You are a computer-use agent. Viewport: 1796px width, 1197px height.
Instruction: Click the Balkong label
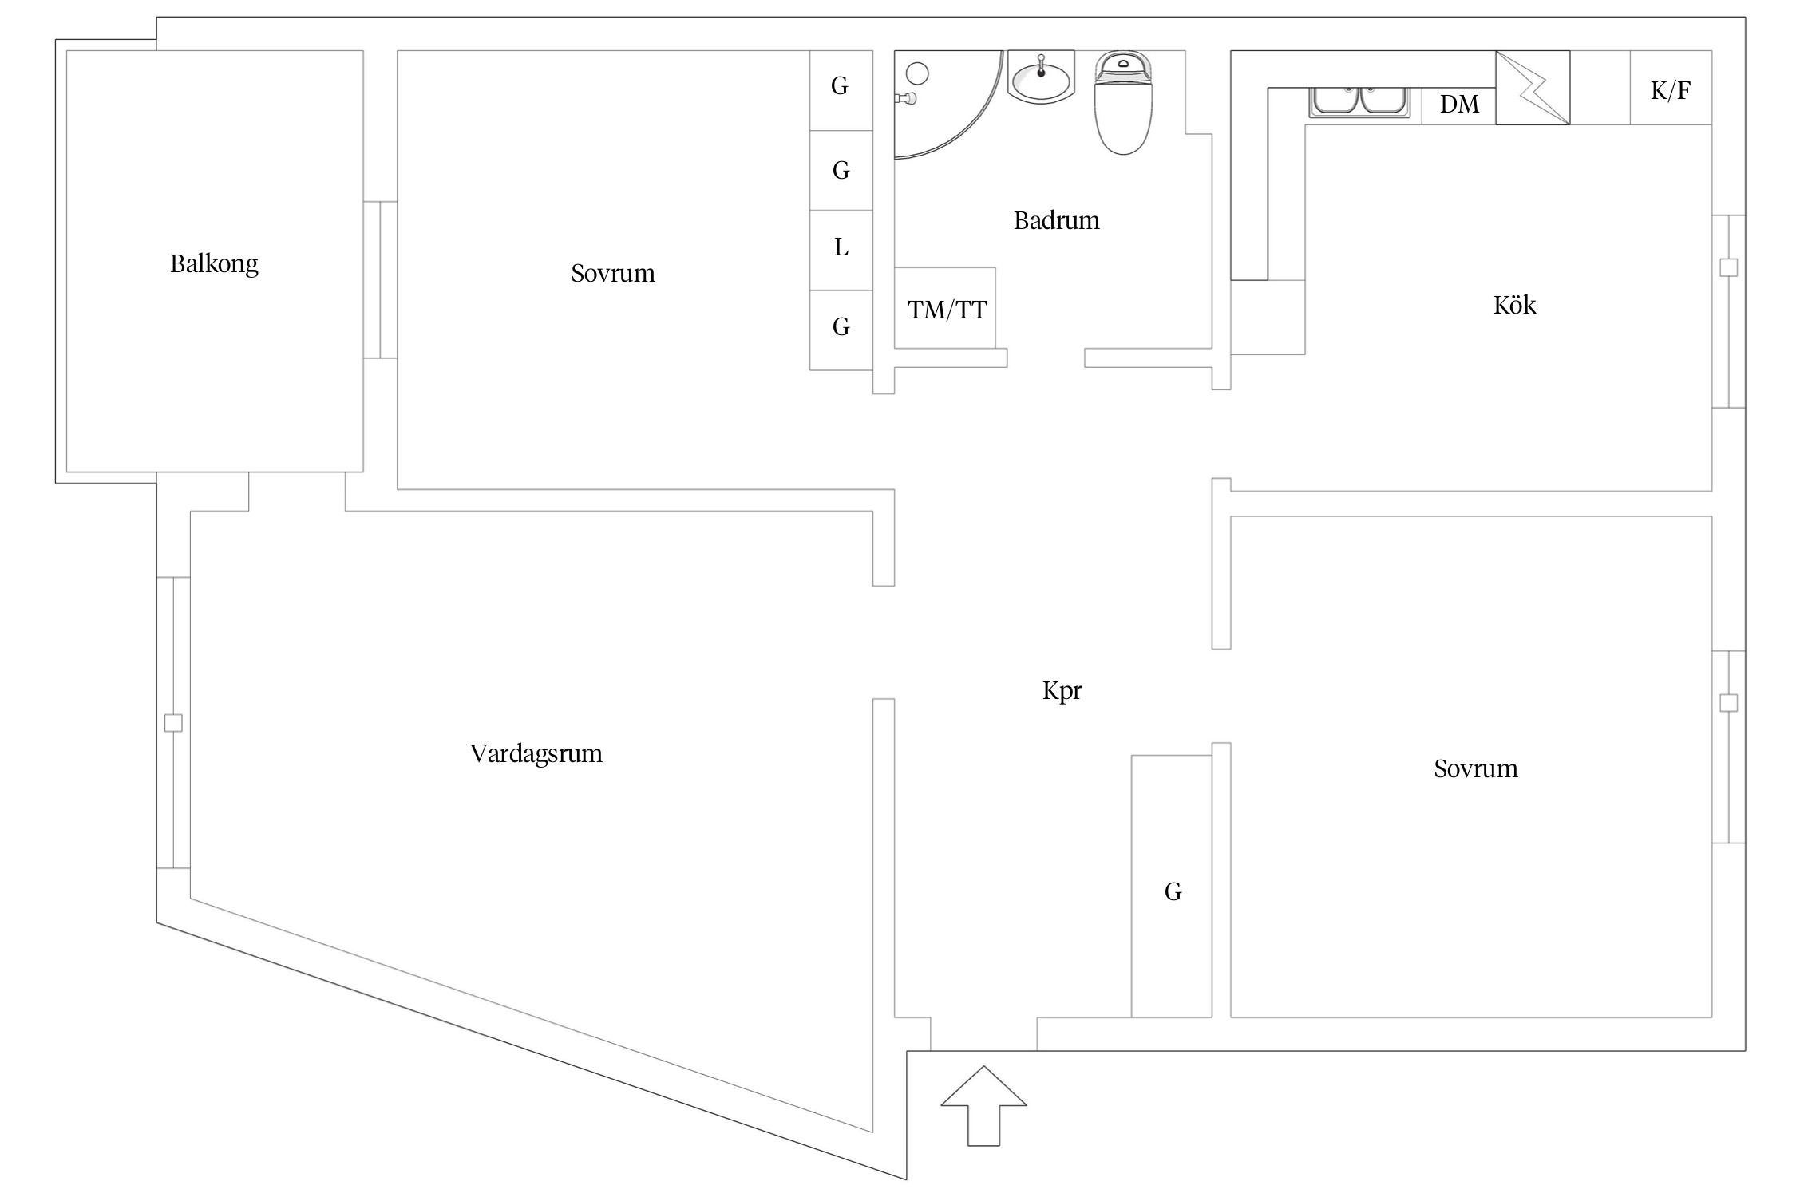214,263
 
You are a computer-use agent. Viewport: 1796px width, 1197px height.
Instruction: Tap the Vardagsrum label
536,753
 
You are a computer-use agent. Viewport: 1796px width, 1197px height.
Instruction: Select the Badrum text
1056,220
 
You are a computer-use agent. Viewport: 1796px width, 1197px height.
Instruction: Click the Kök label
1514,305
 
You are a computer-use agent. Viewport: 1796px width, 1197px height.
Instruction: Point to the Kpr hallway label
1062,690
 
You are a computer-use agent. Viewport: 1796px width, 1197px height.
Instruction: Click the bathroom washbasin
1041,77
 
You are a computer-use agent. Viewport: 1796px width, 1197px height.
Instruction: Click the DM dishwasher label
1459,105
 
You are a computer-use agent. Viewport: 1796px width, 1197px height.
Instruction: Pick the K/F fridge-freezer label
1670,90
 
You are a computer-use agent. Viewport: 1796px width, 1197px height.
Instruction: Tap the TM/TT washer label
947,310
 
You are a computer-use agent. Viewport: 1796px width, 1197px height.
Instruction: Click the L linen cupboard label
841,248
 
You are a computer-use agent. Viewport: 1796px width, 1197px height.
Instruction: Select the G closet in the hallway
1173,891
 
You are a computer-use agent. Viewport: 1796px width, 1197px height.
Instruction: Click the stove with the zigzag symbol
1532,88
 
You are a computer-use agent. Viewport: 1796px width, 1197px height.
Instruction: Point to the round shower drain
918,74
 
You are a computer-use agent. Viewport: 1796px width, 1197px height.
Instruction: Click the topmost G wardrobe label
840,86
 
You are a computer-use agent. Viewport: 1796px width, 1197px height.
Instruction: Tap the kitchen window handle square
1728,267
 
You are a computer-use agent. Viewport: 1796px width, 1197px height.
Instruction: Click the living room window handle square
173,723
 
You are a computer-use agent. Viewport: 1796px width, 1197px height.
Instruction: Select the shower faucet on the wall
907,99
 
